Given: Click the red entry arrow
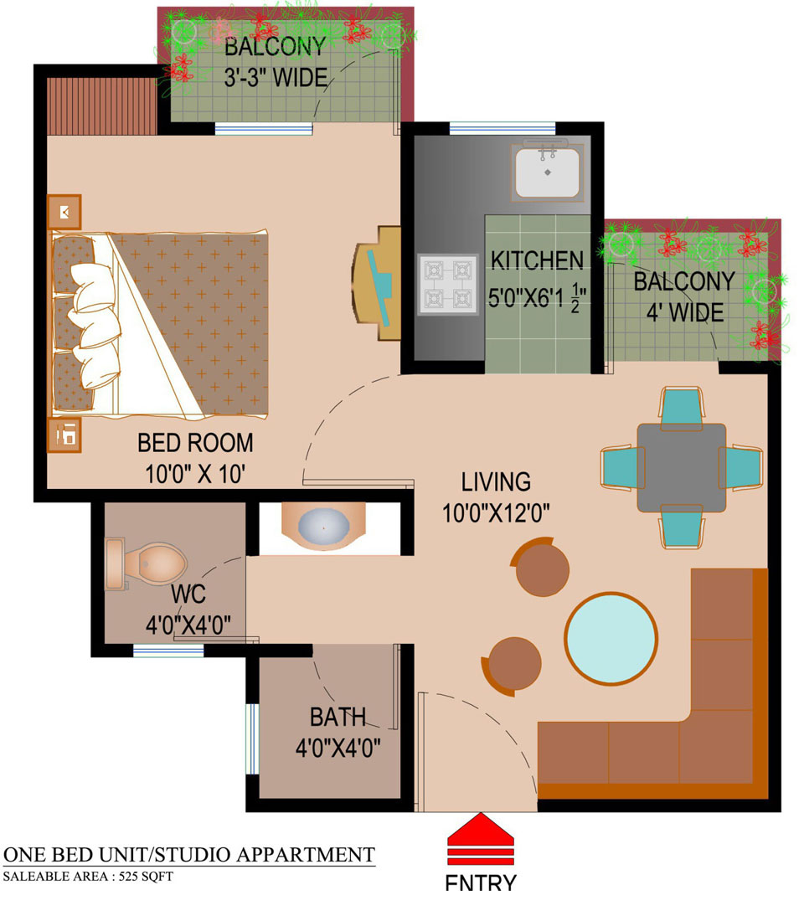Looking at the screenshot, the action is point(480,839).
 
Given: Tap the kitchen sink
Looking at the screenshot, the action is point(547,171).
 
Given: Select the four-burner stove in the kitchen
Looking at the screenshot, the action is point(448,285).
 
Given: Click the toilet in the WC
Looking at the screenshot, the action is point(145,563).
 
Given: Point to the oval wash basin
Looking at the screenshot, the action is point(324,527).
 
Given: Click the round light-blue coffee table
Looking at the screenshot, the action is point(611,639).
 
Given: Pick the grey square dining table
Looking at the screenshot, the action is point(681,467).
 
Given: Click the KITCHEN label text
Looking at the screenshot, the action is point(537,260).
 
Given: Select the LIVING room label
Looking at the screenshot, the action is point(496,481).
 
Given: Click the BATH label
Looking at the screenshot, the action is point(338,718).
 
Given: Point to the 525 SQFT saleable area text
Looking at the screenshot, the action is point(146,877).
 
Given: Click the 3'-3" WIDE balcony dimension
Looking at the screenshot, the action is point(276,78).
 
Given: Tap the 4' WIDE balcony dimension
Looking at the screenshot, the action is point(685,312).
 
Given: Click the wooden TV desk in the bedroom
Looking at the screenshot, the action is point(377,283).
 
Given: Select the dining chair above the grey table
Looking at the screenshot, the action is point(681,405).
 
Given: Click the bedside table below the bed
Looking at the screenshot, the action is point(64,435).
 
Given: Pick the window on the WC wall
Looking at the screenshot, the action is point(168,651).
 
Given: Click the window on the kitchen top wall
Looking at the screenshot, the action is point(502,128).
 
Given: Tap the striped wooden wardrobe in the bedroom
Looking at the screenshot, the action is point(101,106).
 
